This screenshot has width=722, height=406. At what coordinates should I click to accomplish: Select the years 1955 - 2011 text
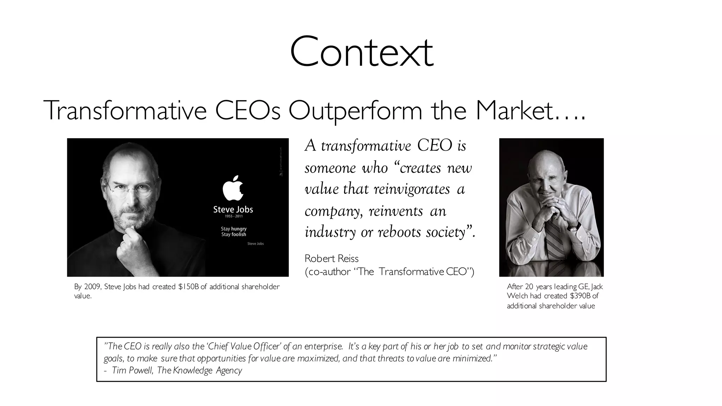tap(233, 216)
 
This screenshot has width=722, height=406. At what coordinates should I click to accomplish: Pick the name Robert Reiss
tap(331, 259)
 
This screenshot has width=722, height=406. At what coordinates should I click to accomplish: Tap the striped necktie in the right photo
tap(555, 240)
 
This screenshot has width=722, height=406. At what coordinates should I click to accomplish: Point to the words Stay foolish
tap(233, 235)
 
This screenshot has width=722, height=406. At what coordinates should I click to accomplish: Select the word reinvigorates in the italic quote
tap(411, 189)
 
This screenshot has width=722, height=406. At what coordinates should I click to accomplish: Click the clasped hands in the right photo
tap(556, 210)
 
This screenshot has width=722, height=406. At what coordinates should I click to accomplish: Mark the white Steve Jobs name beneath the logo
tap(233, 209)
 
